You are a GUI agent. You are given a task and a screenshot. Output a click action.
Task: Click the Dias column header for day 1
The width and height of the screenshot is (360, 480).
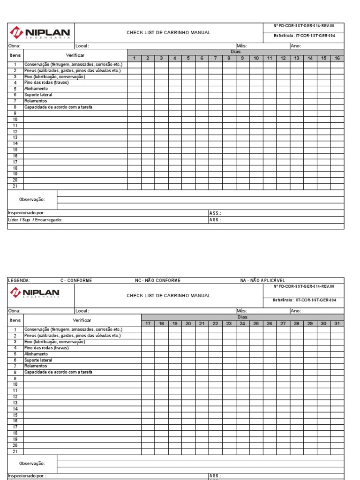(134, 58)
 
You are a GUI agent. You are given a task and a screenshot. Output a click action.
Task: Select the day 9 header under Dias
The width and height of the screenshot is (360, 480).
(242, 58)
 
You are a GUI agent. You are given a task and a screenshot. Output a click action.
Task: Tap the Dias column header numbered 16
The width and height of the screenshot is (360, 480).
(337, 58)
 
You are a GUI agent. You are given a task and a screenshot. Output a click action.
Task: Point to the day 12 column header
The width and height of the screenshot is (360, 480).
(283, 58)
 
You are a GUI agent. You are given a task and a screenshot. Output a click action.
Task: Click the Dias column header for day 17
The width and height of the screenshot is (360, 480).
(148, 323)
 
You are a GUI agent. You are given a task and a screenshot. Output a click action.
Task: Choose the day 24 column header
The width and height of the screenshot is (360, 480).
(242, 323)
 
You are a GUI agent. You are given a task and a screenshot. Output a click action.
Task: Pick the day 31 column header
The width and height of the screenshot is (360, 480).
(337, 323)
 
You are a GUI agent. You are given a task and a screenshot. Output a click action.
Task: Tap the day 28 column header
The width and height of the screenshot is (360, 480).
(297, 323)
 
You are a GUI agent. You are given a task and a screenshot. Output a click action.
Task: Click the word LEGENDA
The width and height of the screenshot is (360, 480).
(19, 281)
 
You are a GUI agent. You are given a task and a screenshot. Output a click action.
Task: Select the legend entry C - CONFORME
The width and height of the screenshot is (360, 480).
(76, 281)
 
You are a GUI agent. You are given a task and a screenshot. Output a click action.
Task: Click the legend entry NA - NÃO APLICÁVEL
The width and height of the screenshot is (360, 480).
(262, 281)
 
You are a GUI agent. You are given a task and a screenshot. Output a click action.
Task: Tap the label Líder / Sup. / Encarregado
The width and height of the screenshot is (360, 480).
(35, 219)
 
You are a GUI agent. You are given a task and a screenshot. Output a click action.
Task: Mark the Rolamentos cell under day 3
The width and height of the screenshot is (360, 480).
(161, 101)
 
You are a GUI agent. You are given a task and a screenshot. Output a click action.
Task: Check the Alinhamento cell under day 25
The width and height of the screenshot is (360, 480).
(256, 354)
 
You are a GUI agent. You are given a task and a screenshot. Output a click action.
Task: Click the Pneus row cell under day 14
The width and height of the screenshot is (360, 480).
(310, 70)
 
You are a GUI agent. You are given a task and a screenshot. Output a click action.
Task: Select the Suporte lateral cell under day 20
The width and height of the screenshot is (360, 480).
(188, 360)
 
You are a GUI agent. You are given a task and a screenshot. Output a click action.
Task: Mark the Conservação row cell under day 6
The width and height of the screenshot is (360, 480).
(202, 64)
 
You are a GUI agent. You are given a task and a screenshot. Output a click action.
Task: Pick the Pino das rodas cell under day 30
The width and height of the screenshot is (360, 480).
(324, 348)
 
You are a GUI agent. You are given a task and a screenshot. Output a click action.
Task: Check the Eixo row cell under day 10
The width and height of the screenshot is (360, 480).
(256, 76)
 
